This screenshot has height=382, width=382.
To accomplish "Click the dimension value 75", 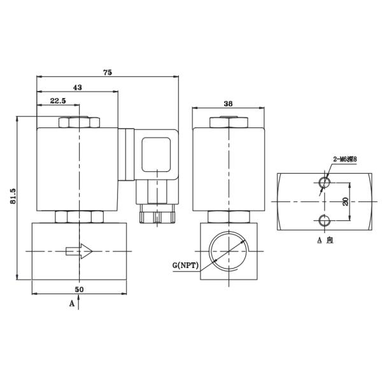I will (107, 73).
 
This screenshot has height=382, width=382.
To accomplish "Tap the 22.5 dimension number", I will (58, 101).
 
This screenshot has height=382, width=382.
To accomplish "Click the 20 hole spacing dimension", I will (345, 201).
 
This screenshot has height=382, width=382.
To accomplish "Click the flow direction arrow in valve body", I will (80, 252).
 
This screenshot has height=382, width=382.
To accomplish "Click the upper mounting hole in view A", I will (324, 183).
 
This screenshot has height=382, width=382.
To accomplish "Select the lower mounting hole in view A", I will (324, 220).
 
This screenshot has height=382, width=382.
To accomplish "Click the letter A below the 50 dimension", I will (72, 304).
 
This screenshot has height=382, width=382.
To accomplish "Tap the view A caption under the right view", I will (325, 241).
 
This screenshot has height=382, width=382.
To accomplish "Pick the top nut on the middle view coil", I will (229, 122).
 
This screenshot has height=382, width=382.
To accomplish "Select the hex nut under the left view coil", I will (80, 216).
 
